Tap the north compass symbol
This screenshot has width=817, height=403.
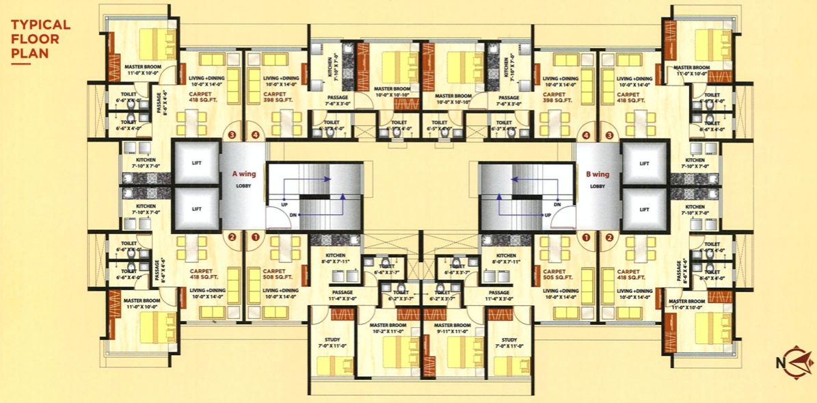click(x=794, y=360)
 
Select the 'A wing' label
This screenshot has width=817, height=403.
click(x=244, y=174)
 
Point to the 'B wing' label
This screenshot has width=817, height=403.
click(x=597, y=174)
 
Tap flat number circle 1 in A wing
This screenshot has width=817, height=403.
click(x=255, y=237)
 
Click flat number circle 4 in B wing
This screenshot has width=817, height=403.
click(x=585, y=135)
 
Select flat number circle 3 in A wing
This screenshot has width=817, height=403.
click(x=232, y=135)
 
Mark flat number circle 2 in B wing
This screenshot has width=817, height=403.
click(x=608, y=237)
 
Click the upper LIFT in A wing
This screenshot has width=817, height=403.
click(x=196, y=163)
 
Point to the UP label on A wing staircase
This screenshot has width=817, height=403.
click(x=283, y=204)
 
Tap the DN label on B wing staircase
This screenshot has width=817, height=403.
click(x=557, y=204)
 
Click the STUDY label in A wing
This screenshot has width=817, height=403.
click(x=332, y=340)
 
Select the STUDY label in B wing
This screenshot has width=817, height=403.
click(x=509, y=340)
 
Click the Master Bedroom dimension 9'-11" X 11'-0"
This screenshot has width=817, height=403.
click(x=452, y=331)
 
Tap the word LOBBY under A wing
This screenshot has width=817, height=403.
click(x=244, y=186)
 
